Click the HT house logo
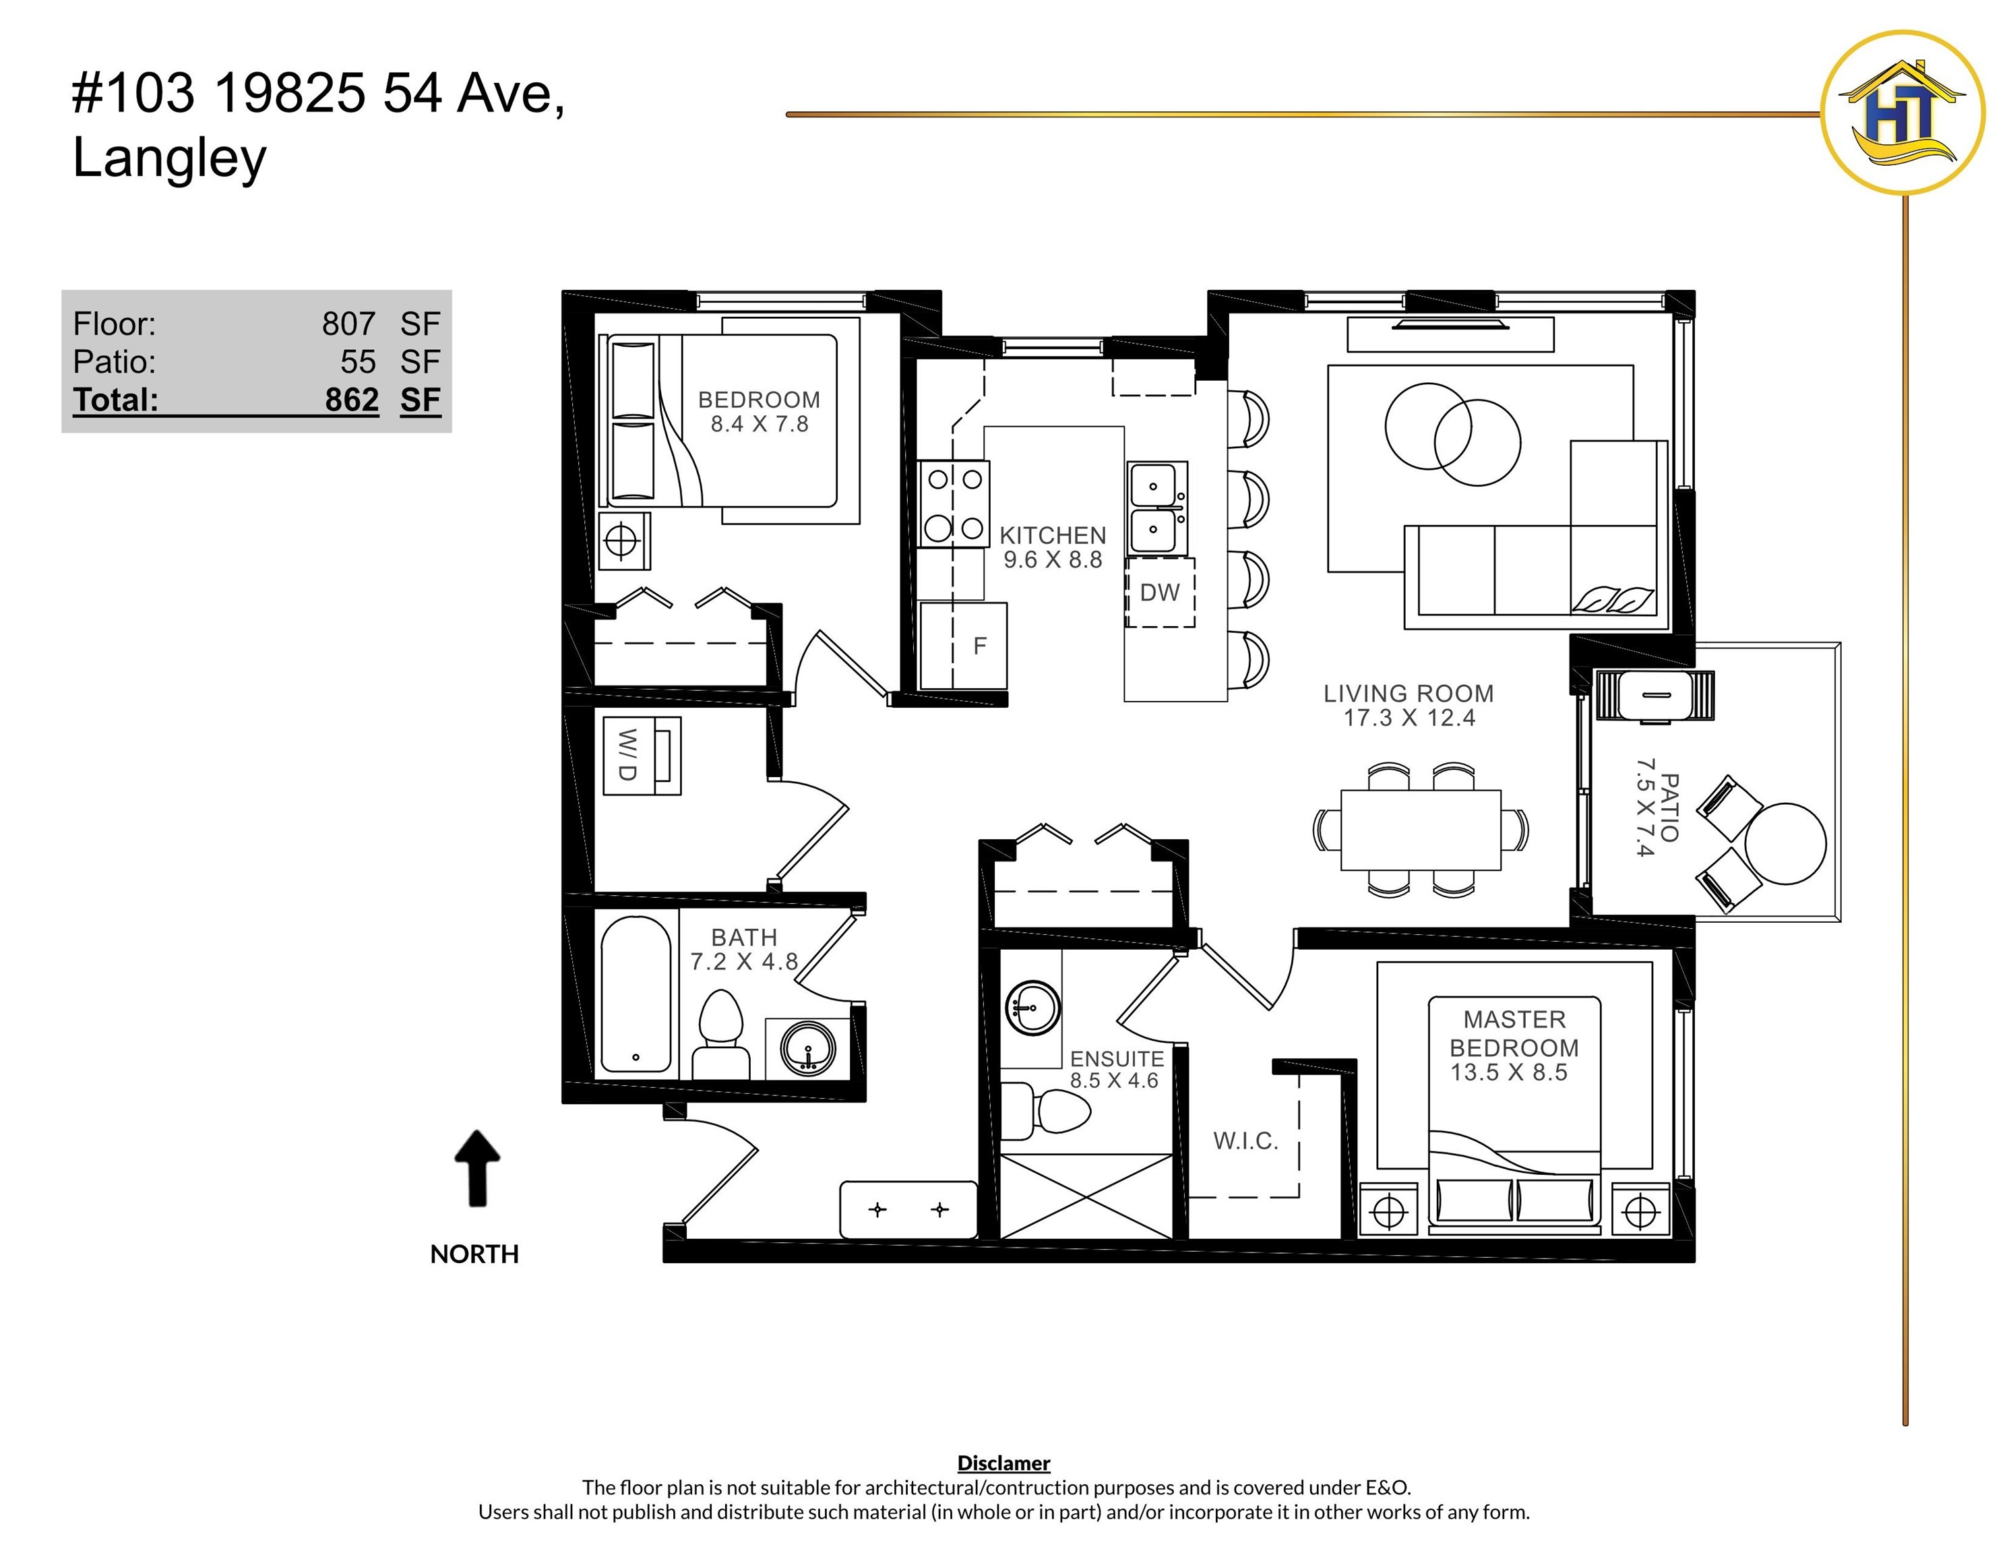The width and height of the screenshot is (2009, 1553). (x=1903, y=113)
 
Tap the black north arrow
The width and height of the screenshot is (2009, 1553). (x=477, y=1167)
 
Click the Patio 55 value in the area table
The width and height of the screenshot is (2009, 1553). (x=358, y=361)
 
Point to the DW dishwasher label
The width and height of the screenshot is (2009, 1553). (x=1159, y=592)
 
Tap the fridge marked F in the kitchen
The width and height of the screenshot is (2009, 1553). (x=963, y=646)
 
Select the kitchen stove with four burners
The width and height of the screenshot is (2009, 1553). (x=954, y=504)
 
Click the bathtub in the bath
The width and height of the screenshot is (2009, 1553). (x=636, y=994)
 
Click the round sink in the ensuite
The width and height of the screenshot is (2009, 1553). (x=1033, y=1008)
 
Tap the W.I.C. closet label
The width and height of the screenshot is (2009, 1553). (x=1245, y=1141)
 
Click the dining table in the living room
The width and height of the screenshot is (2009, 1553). (x=1421, y=830)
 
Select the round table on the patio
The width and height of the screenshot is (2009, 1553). (x=1785, y=844)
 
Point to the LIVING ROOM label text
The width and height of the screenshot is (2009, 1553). (x=1409, y=694)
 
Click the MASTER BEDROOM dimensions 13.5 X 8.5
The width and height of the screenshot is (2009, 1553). (x=1508, y=1073)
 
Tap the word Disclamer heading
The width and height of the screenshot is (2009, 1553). (x=1003, y=1463)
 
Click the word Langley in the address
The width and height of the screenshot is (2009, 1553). (x=171, y=158)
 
